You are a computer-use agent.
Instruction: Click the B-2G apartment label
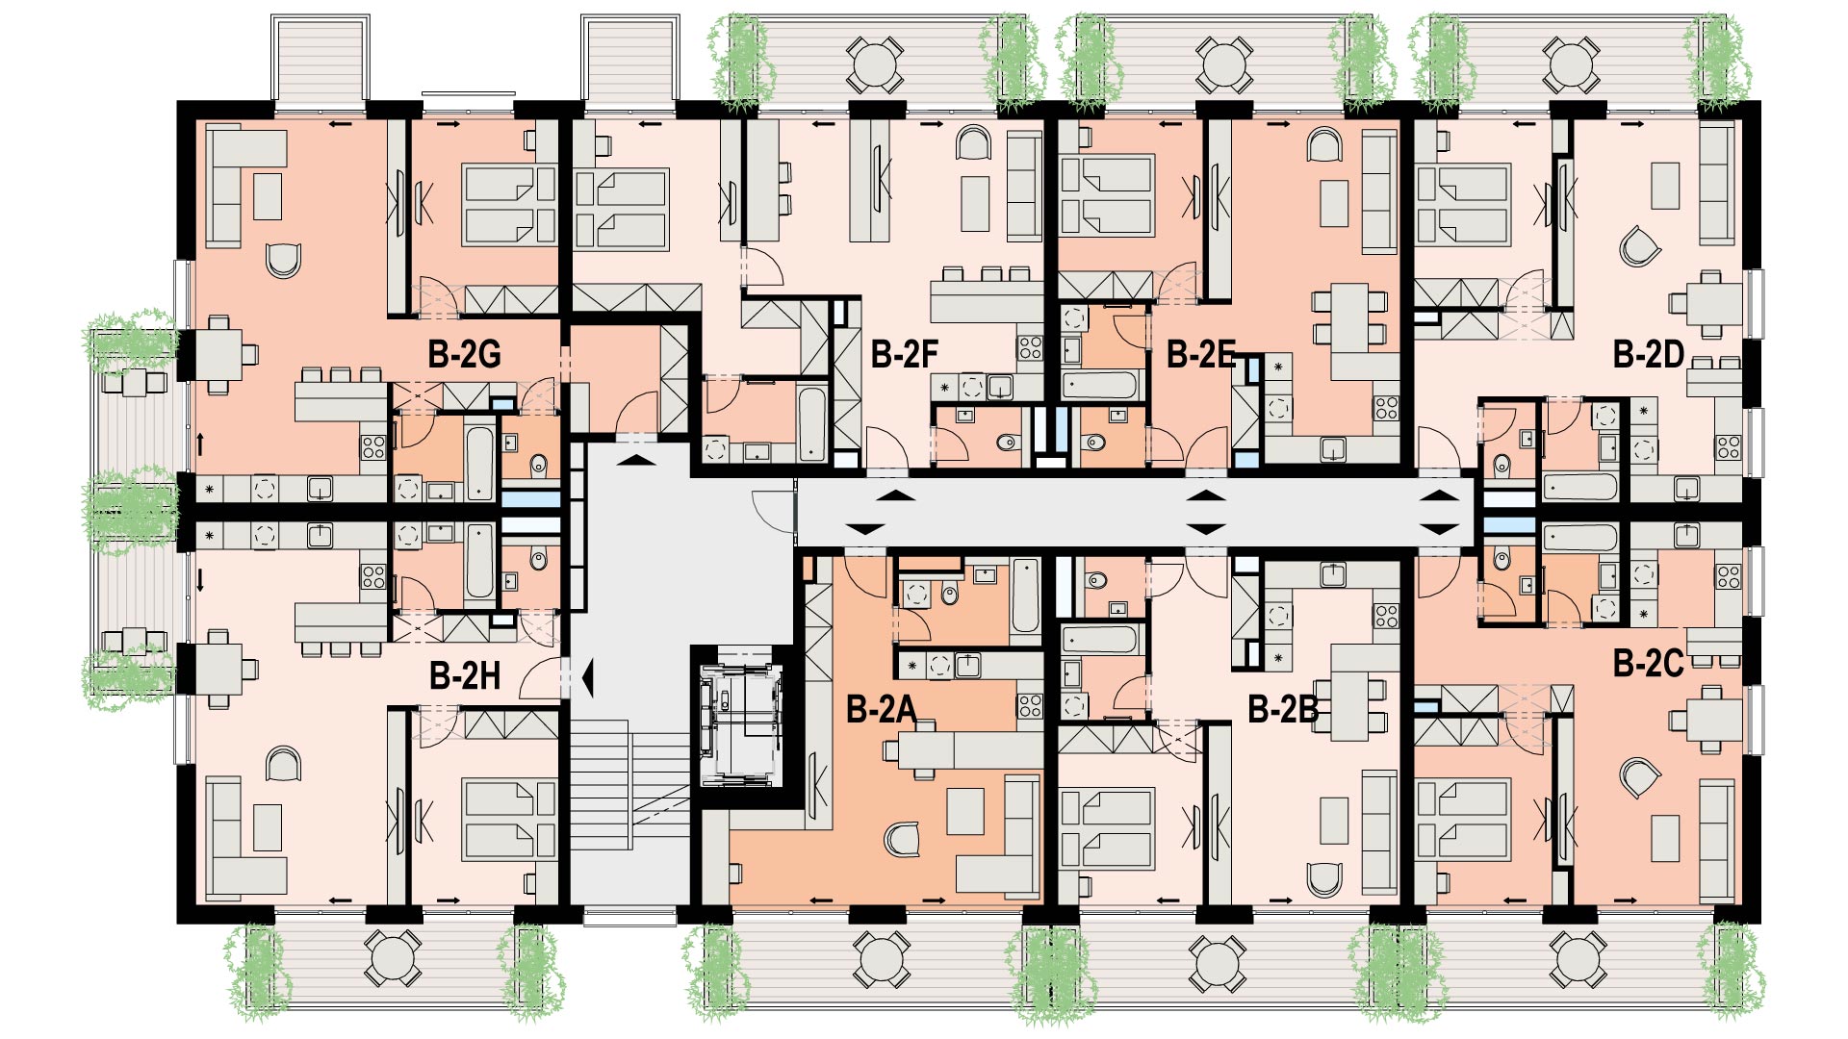coord(464,354)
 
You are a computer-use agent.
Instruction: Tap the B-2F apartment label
coord(904,354)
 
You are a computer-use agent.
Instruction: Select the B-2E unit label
coord(1200,354)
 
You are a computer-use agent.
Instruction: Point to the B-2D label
coord(1649,354)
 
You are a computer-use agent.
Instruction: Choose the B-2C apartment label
coord(1649,663)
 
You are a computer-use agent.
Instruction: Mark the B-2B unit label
coord(1283,709)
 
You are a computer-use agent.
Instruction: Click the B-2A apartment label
coord(881,709)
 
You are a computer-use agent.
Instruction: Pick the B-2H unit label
coord(465,675)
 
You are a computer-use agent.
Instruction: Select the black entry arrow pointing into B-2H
coord(586,677)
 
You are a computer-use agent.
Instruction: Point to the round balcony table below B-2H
coord(393,958)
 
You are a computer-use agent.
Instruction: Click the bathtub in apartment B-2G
coord(479,463)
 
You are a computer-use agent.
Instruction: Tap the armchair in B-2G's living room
coord(284,259)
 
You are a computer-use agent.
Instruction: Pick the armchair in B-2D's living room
coord(1639,246)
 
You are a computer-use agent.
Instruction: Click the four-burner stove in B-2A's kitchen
coord(1030,706)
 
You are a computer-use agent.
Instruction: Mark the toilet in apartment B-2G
coord(538,464)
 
